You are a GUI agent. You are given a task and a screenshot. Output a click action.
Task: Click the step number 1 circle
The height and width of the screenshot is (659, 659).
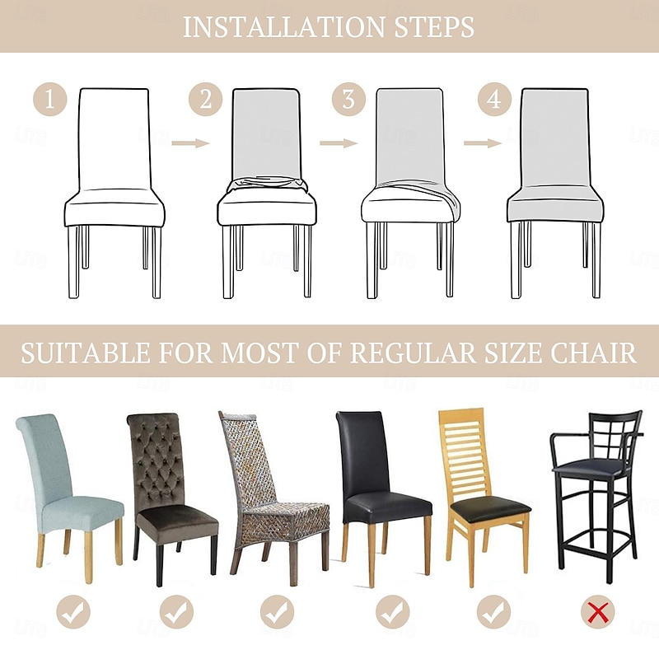(50, 99)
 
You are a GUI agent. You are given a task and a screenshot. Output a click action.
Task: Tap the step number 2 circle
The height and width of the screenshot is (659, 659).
(205, 99)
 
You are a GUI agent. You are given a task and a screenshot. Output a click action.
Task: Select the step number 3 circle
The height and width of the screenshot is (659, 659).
(348, 99)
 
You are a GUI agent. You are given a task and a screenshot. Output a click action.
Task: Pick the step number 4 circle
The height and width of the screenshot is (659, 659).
(494, 99)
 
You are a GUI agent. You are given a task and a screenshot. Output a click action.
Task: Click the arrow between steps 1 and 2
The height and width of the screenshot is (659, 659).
(190, 143)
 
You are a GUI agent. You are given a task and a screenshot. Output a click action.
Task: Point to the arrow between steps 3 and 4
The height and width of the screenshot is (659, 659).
(483, 143)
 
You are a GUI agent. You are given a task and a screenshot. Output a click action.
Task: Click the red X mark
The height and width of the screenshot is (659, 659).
(598, 612)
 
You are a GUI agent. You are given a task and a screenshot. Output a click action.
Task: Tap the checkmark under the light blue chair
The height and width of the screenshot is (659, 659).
(73, 612)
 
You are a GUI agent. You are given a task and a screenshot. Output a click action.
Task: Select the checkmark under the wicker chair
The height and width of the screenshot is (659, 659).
(277, 612)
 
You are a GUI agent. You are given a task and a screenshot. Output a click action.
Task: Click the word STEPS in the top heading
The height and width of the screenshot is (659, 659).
(435, 26)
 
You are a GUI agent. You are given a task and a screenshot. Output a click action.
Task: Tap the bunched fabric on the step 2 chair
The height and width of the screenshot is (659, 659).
(267, 185)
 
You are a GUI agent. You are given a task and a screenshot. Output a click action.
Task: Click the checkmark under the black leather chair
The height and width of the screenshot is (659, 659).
(393, 612)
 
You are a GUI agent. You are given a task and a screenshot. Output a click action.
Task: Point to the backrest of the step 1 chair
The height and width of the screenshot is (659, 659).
(114, 138)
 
